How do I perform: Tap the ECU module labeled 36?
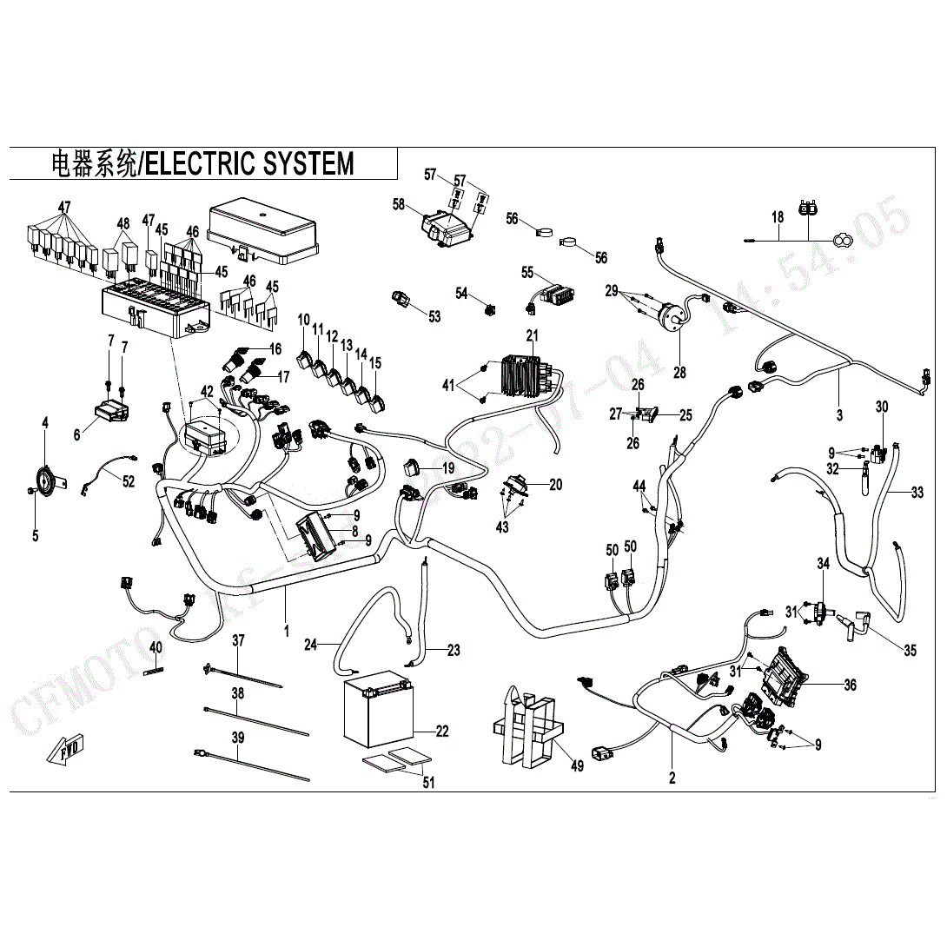coord(787,675)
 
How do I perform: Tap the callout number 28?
coord(679,372)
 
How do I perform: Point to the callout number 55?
coord(526,272)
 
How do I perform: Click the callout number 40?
coord(156,647)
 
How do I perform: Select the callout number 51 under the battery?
coord(427,783)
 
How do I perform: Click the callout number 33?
coord(917,493)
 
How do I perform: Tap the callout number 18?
coord(778,216)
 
